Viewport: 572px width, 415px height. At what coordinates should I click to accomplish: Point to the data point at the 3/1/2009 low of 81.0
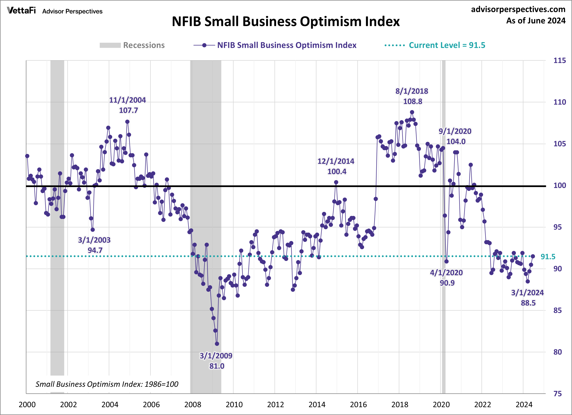point(217,344)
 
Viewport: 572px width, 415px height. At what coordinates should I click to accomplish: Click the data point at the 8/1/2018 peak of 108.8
point(412,112)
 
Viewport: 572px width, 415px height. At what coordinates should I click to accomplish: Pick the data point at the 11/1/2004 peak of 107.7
point(127,122)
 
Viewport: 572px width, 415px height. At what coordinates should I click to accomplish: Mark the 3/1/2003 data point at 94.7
point(93,230)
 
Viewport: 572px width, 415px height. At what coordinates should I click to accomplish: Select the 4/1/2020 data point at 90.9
point(446,261)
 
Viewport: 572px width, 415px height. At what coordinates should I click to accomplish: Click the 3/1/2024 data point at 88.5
point(528,281)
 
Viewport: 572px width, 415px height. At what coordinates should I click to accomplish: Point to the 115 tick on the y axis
point(559,61)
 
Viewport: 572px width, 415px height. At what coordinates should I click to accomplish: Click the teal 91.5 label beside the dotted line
point(548,257)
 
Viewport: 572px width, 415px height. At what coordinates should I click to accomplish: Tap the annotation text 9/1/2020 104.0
point(455,136)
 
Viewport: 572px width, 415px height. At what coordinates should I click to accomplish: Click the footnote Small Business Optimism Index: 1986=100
point(107,384)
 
